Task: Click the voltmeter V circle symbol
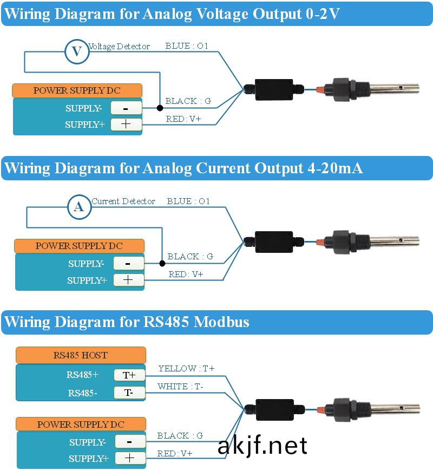(x=77, y=51)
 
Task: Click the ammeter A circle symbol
(x=79, y=207)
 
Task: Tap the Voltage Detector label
(x=119, y=47)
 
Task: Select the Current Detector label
(x=123, y=201)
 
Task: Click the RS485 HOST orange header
(x=81, y=355)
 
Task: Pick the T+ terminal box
(x=129, y=375)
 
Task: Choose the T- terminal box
(x=129, y=393)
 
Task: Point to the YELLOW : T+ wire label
(x=186, y=368)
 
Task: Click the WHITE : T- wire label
(x=180, y=387)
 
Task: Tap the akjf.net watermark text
(x=263, y=446)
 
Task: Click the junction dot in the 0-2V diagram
(x=160, y=108)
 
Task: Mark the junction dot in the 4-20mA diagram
(x=162, y=264)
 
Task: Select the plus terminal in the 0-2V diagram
(x=126, y=125)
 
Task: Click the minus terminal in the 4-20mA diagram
(x=129, y=264)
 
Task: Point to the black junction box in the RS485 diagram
(x=275, y=409)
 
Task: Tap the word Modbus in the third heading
(x=221, y=322)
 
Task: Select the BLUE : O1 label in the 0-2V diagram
(x=187, y=46)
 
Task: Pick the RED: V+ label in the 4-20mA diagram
(x=186, y=275)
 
